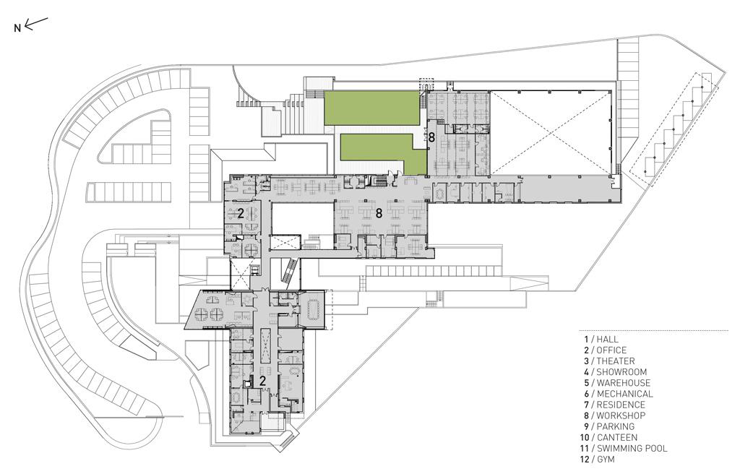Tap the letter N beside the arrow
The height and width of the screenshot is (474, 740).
[x=17, y=28]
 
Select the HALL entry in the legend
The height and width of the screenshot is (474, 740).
[x=607, y=339]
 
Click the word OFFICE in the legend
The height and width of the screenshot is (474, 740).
[x=611, y=350]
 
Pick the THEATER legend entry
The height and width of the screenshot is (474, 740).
[x=616, y=361]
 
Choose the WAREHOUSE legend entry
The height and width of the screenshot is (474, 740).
[x=624, y=383]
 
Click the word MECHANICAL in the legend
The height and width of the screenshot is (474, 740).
[x=625, y=394]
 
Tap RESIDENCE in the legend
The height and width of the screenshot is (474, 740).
[x=621, y=405]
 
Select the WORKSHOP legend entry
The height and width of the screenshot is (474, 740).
[x=621, y=415]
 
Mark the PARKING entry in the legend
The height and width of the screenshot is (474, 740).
[x=616, y=426]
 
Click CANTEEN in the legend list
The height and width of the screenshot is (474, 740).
[x=617, y=438]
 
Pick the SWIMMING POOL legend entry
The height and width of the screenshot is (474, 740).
[x=632, y=449]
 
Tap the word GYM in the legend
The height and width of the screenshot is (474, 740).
[x=606, y=460]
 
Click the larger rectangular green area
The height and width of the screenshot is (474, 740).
[x=371, y=108]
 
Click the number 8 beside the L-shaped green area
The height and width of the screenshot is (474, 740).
[x=431, y=138]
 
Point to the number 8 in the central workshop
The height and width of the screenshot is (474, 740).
[x=379, y=213]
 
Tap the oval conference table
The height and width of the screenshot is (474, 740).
[x=312, y=309]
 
